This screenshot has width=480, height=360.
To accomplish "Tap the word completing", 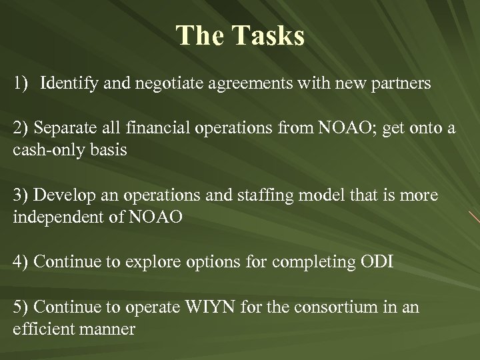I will (310, 261).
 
